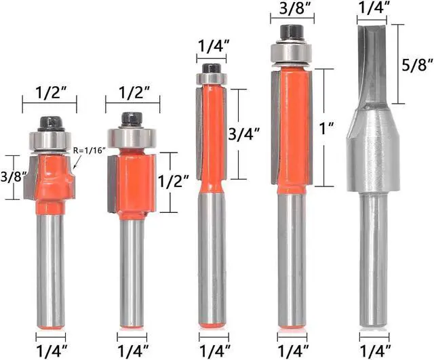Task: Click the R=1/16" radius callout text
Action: tap(90, 151)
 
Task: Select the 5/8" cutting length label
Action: tap(418, 66)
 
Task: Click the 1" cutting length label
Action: tap(327, 128)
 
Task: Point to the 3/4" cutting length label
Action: tap(244, 134)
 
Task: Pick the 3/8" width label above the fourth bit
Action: tap(292, 8)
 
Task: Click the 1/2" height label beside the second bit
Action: tap(174, 182)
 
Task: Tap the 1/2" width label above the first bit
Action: tap(50, 92)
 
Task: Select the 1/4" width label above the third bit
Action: tap(212, 47)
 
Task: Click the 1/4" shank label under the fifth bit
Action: tap(374, 351)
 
